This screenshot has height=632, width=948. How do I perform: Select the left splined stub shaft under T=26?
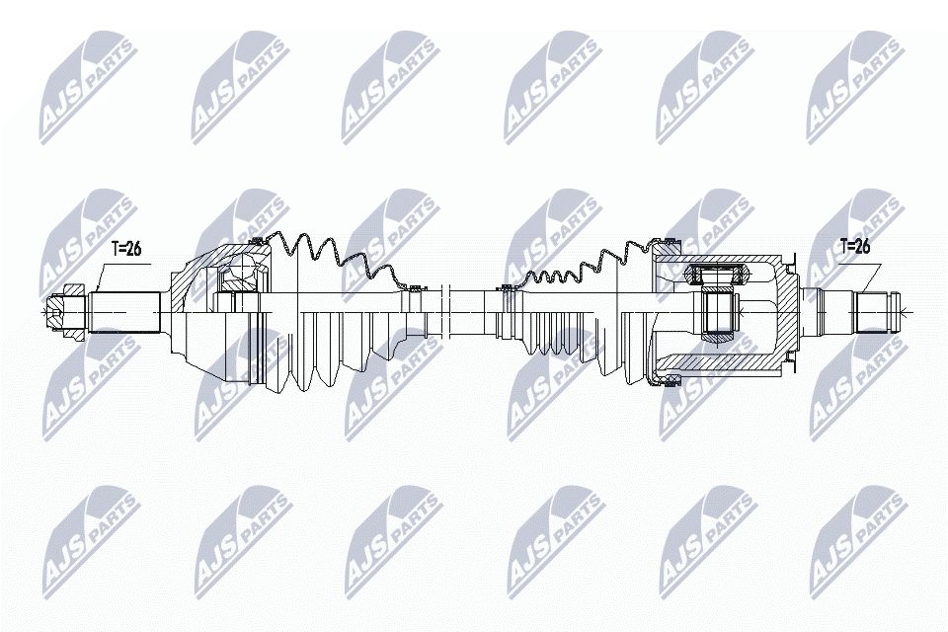pyautogui.click(x=125, y=312)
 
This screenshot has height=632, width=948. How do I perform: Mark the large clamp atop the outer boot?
pyautogui.click(x=257, y=239)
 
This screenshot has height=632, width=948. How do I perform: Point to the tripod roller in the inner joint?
pyautogui.click(x=718, y=273)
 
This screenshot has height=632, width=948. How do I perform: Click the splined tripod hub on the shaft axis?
pyautogui.click(x=719, y=313)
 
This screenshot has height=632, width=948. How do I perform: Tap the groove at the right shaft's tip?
pyautogui.click(x=893, y=312)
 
